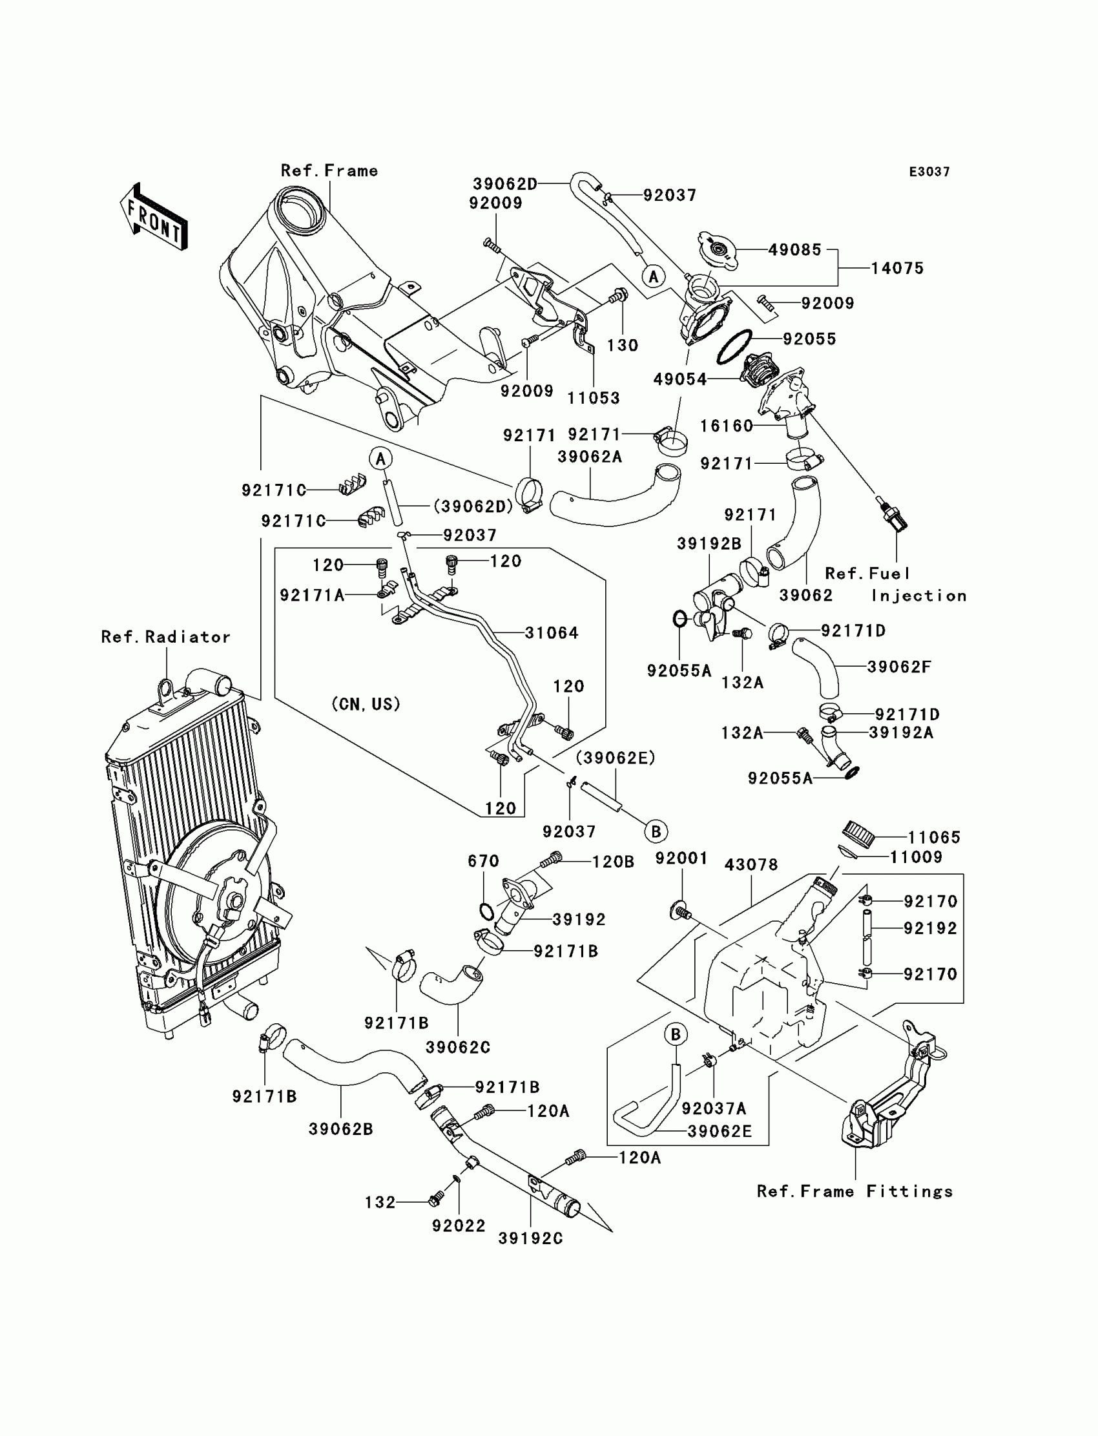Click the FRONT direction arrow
pyautogui.click(x=154, y=217)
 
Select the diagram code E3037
pyautogui.click(x=929, y=172)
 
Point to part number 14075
pyautogui.click(x=897, y=268)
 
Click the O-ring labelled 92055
pyautogui.click(x=734, y=347)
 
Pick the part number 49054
pyautogui.click(x=679, y=379)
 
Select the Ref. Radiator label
pyautogui.click(x=166, y=637)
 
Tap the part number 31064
pyautogui.click(x=552, y=632)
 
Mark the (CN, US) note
pyautogui.click(x=366, y=704)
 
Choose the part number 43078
pyautogui.click(x=752, y=865)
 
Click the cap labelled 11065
pyautogui.click(x=857, y=831)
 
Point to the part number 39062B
pyautogui.click(x=340, y=1129)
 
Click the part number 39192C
pyautogui.click(x=530, y=1238)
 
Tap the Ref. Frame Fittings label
pyautogui.click(x=855, y=1191)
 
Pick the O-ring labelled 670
pyautogui.click(x=486, y=910)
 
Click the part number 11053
pyautogui.click(x=594, y=397)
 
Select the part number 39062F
pyautogui.click(x=899, y=667)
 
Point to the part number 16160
pyautogui.click(x=727, y=426)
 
